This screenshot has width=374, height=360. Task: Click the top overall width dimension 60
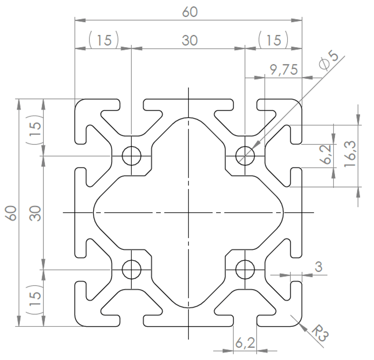pos(190,12)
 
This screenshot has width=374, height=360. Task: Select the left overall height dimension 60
pos(12,213)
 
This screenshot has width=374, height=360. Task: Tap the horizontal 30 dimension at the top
pos(190,40)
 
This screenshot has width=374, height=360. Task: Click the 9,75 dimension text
pos(284,70)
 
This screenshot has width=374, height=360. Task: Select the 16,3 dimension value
pos(350,154)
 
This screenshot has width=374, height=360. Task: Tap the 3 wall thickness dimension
pos(319,267)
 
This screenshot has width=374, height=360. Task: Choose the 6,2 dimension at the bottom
pos(245,343)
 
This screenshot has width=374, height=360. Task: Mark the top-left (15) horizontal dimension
pos(104,40)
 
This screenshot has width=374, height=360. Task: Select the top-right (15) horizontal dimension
pos(273,40)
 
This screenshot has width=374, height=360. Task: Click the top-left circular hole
pos(131,156)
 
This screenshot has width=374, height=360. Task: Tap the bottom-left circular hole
pos(131,270)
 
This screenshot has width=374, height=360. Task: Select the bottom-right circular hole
pos(245,270)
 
